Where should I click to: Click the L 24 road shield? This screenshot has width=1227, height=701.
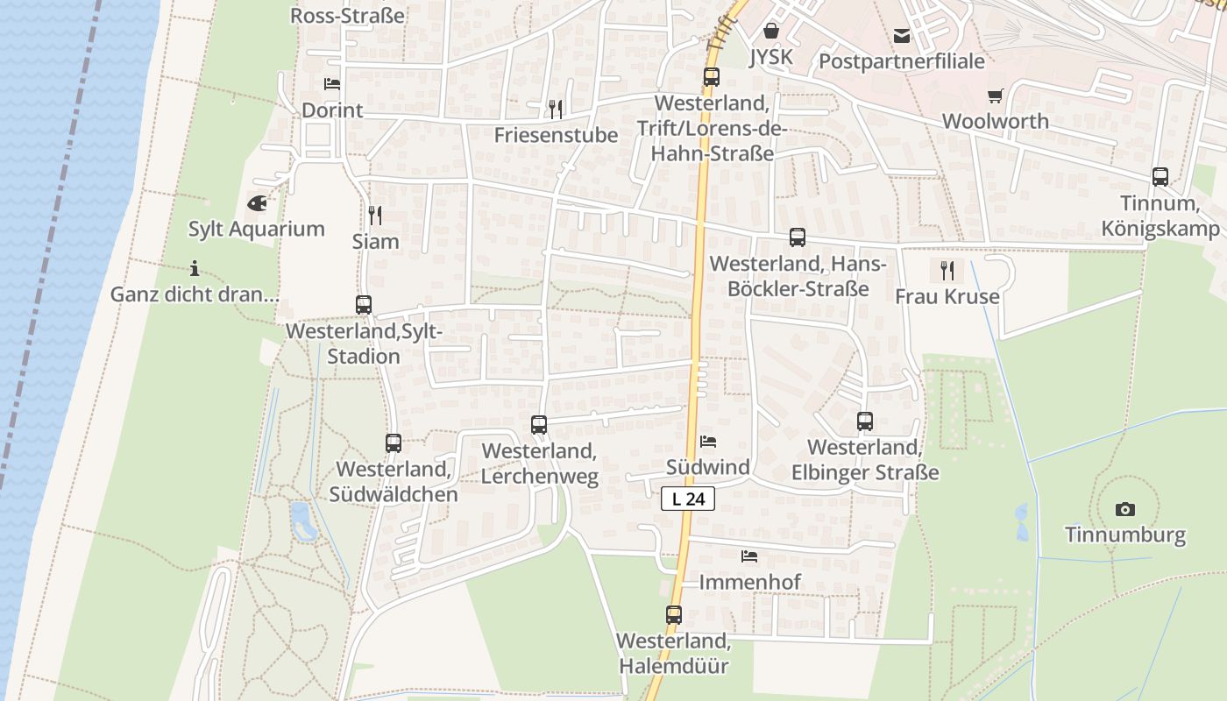(688, 499)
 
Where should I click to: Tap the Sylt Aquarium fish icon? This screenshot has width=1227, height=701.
(258, 203)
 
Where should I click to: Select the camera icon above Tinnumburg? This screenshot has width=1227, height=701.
(1125, 509)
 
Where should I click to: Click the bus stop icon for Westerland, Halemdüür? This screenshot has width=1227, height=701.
(673, 615)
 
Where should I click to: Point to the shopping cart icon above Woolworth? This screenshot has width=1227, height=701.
(995, 96)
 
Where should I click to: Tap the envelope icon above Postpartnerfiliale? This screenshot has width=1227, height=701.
(902, 36)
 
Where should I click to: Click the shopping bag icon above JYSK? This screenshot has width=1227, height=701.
(771, 32)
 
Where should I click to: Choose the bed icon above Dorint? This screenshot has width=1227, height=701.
(332, 84)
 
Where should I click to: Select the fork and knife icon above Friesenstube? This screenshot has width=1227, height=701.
(555, 109)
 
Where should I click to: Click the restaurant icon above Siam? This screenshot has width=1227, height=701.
(375, 215)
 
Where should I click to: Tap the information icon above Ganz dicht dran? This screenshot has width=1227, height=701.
(195, 268)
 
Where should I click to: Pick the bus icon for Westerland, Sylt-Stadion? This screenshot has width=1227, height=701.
(364, 305)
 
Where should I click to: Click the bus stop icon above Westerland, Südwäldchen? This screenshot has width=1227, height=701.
(394, 443)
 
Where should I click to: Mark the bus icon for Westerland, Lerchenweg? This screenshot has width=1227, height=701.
(539, 425)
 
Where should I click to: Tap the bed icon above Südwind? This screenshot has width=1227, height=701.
(708, 441)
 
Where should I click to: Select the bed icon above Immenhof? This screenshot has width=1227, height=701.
(748, 556)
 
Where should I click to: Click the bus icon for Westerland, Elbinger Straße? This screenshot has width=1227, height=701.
(865, 421)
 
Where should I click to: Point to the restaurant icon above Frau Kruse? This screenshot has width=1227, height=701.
(947, 270)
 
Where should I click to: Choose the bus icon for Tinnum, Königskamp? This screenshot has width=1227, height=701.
(1160, 177)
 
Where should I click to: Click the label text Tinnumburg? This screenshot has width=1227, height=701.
(1125, 535)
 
